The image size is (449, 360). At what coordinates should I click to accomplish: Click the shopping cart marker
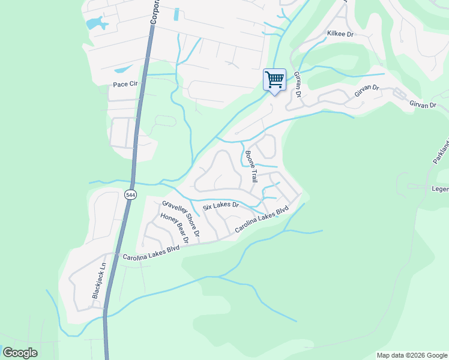(274, 79)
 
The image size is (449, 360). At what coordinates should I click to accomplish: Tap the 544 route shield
(131, 195)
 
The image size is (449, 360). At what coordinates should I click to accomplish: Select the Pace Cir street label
(125, 85)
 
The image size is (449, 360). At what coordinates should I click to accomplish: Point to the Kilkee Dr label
(341, 34)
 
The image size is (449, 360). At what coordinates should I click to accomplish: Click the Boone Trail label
(251, 166)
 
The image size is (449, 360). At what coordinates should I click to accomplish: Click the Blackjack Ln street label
(98, 281)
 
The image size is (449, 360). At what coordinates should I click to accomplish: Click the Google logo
(20, 353)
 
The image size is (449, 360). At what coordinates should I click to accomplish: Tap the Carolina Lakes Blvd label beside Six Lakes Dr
(262, 220)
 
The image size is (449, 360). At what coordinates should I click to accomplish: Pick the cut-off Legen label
(439, 190)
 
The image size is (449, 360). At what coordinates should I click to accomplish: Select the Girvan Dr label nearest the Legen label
(422, 105)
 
